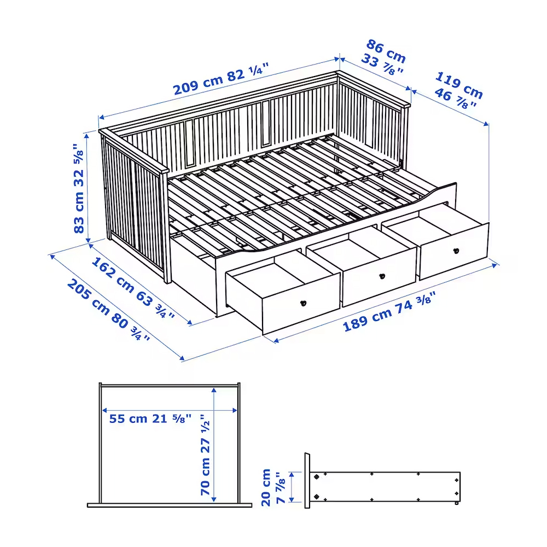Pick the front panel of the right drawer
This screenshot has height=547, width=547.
(x=454, y=252)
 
